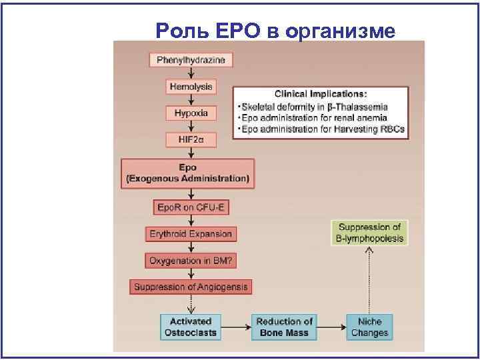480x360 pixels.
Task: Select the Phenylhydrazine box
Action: click(191, 61)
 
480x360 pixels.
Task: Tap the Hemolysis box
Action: click(191, 87)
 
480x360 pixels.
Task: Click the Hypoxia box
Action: click(191, 113)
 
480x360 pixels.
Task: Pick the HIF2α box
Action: click(191, 140)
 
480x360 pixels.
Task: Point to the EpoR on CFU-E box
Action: click(191, 207)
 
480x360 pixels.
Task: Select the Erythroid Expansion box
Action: click(191, 234)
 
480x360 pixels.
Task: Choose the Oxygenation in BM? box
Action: click(191, 260)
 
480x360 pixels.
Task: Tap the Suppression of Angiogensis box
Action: click(191, 287)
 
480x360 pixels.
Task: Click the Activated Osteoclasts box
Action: click(191, 327)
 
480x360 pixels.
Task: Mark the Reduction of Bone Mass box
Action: click(285, 327)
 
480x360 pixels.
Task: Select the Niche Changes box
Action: click(367, 327)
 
